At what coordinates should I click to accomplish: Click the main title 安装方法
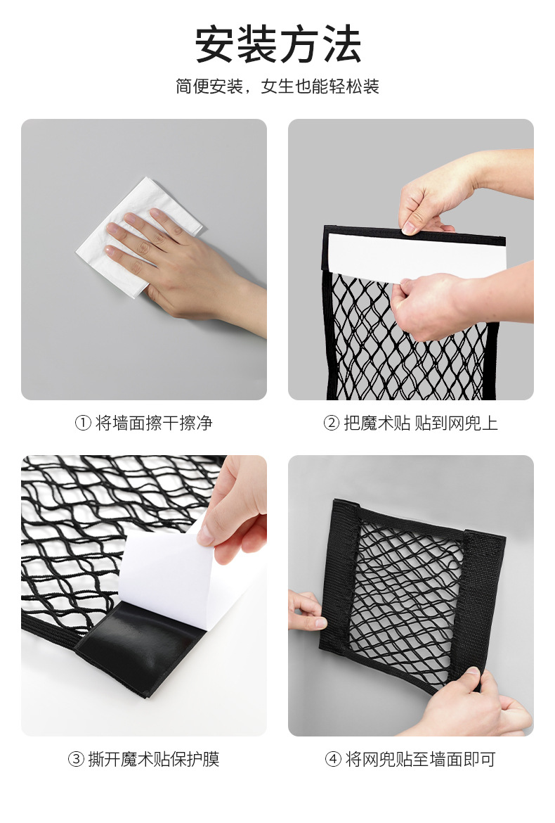(277, 46)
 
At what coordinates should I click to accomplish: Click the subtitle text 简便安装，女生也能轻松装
(277, 87)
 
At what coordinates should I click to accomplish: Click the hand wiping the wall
(176, 260)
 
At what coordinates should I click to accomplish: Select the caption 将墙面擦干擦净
(153, 423)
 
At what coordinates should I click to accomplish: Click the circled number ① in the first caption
(83, 423)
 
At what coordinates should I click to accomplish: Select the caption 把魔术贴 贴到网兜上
(420, 423)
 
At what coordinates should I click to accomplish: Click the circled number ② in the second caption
(331, 423)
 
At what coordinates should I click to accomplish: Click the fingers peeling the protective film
(232, 506)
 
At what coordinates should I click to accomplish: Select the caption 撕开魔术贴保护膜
(153, 759)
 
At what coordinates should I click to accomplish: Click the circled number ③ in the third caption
(76, 759)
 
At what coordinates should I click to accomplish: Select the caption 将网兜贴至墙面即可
(420, 759)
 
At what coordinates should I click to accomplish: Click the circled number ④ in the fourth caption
(332, 759)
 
